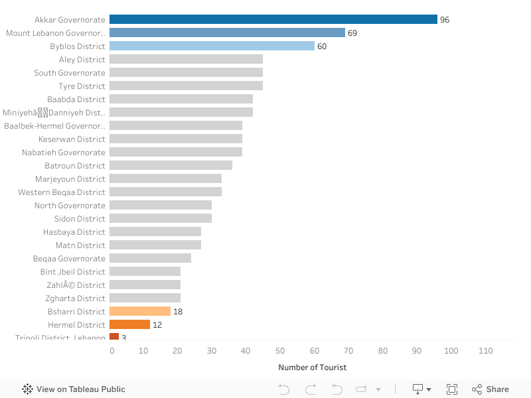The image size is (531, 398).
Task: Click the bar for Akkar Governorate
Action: (273, 19)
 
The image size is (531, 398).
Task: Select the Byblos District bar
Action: (212, 46)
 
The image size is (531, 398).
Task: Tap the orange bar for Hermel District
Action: (129, 324)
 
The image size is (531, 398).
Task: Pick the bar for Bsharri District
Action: (140, 311)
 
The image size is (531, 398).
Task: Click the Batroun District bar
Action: (171, 165)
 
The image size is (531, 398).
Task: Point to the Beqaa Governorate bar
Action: (150, 258)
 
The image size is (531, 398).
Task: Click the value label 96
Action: (445, 20)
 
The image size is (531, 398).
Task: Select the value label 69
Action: (352, 33)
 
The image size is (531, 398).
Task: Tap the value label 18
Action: (178, 312)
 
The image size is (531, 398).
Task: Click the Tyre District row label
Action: (82, 86)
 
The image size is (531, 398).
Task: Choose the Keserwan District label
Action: (72, 139)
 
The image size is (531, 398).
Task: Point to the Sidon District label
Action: (80, 219)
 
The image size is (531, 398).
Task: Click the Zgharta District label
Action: (75, 298)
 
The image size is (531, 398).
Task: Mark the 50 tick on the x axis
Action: (280, 350)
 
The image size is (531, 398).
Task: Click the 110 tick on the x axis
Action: (485, 350)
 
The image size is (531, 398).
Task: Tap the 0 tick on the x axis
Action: (112, 350)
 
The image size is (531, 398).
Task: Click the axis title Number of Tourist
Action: (312, 367)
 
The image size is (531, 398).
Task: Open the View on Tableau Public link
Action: (74, 389)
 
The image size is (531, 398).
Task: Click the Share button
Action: (491, 389)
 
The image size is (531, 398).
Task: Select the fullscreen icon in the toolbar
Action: (452, 389)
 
